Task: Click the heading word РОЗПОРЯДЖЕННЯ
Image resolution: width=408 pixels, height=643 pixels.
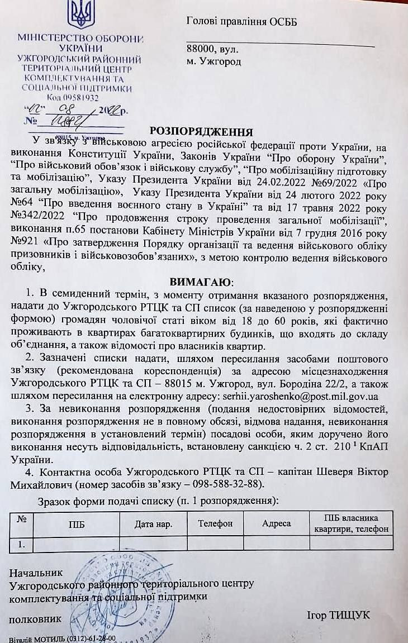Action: coord(201,132)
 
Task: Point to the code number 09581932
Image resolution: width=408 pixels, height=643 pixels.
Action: coord(80,97)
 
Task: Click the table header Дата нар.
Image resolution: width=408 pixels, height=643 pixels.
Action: coord(153,524)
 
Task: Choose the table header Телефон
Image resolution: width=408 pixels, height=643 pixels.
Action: coord(215,524)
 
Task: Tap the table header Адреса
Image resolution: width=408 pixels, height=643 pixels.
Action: coord(277,524)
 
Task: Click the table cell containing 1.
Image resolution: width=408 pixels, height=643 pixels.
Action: coord(22,542)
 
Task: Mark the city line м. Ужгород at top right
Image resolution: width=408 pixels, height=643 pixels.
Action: coord(214,61)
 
